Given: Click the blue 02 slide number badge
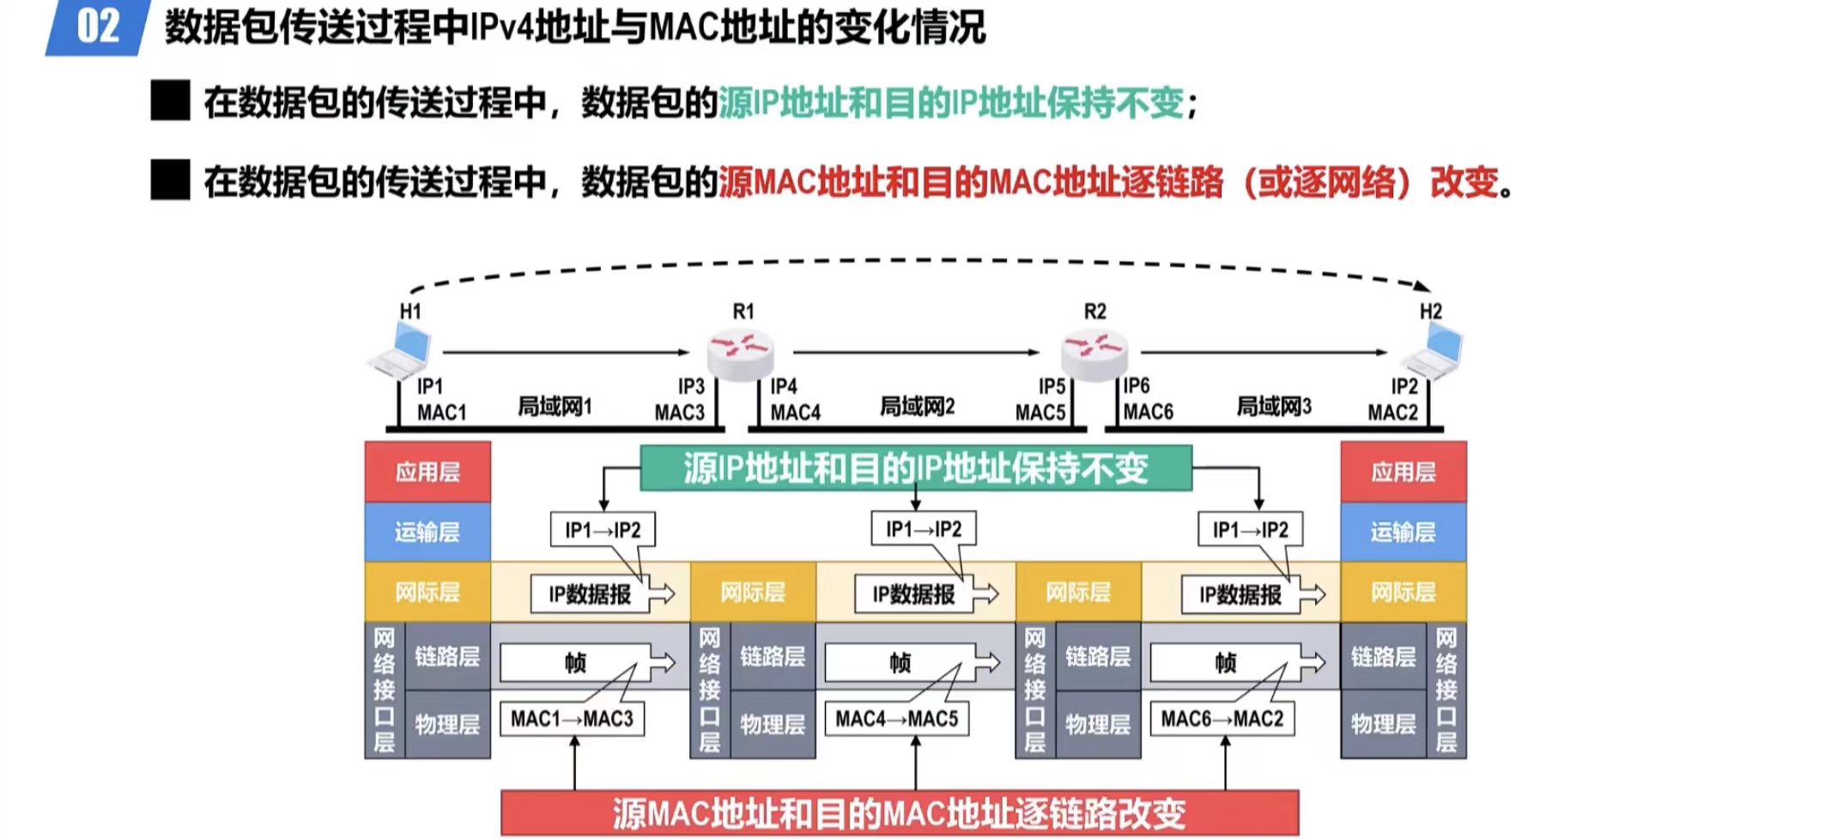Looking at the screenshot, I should (97, 27).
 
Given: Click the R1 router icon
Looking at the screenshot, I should (740, 353).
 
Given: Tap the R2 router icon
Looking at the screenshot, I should (1094, 352).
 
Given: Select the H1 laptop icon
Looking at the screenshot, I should (400, 351).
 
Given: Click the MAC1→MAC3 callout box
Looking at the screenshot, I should (572, 719).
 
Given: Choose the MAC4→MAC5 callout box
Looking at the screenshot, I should (897, 719).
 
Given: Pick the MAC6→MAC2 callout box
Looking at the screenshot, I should (1222, 719).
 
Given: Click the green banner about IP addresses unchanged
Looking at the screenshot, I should (916, 468).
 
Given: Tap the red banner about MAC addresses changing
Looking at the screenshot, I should (899, 812).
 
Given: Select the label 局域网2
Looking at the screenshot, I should (917, 406).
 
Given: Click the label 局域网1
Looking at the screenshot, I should (555, 406).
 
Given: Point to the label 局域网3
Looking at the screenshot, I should (1274, 406).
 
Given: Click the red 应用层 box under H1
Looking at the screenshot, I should (427, 471).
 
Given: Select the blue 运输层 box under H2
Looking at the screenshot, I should (1403, 532).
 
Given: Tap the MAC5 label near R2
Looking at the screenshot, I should (1040, 413).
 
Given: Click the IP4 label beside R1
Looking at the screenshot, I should (784, 387).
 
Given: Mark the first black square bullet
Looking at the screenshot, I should (170, 101).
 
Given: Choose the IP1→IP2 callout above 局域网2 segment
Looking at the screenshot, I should (924, 529).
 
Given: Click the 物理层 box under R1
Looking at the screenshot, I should (773, 725).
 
